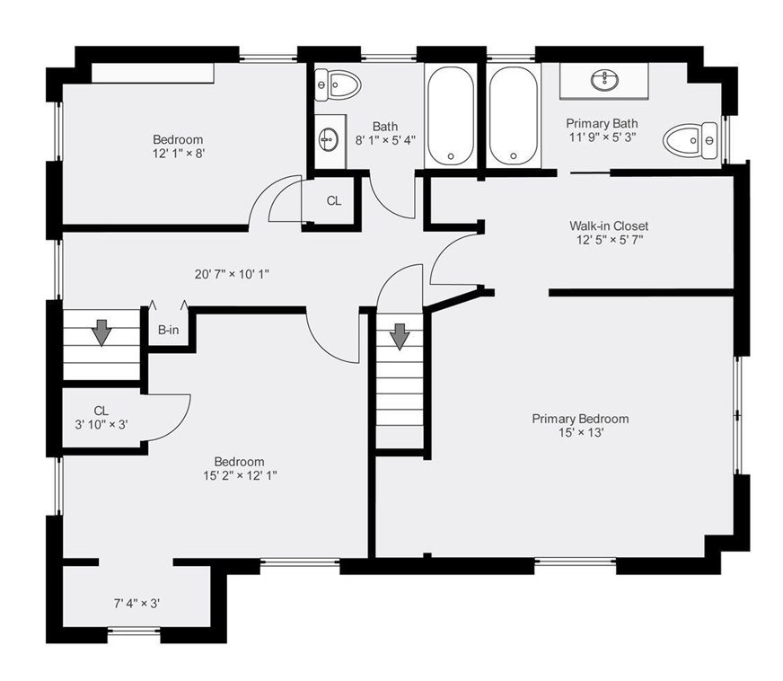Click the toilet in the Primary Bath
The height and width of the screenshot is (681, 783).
(691, 141)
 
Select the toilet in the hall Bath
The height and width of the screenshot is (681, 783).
(338, 85)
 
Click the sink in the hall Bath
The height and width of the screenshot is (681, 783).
(329, 139)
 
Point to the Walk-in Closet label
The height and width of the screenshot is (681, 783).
(609, 226)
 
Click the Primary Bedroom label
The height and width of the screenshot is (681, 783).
(580, 419)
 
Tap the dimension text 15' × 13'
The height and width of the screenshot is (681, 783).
(581, 433)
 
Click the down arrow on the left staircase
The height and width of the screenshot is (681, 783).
(102, 332)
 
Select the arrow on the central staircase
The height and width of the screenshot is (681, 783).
(400, 337)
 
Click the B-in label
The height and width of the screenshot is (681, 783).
(168, 330)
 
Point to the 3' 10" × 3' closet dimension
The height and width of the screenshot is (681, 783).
(101, 425)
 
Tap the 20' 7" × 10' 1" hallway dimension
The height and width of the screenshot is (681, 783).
(232, 274)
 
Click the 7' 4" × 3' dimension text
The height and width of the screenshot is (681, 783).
(136, 604)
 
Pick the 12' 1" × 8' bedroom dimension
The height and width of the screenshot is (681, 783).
(179, 154)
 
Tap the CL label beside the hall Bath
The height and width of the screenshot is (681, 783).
(334, 201)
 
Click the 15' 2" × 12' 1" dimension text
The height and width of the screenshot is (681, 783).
(240, 475)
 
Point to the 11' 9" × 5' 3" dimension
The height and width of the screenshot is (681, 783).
(603, 137)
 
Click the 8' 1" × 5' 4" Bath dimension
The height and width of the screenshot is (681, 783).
(385, 140)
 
